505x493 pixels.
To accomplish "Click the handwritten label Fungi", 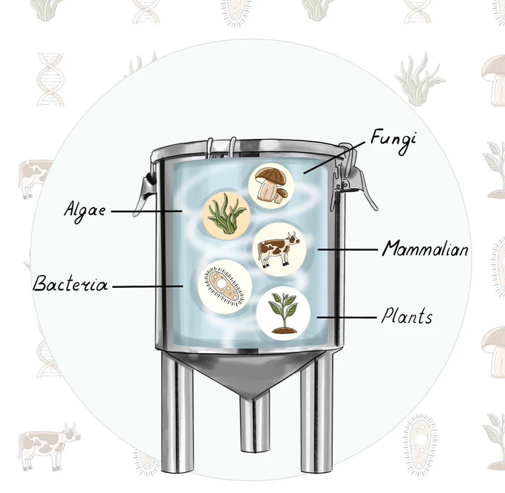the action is tap(393, 141).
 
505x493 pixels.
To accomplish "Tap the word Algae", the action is tap(85, 211).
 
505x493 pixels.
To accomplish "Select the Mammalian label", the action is tap(426, 248).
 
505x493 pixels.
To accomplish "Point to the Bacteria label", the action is tap(71, 283).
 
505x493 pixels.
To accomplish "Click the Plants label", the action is tap(407, 316).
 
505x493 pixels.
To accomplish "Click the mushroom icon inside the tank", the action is tap(271, 186).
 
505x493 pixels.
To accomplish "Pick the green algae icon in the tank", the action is tap(227, 213).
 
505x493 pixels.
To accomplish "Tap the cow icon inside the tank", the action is tap(279, 249).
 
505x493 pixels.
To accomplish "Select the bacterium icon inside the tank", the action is tap(225, 286).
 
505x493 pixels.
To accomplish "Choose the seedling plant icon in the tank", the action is tap(283, 313).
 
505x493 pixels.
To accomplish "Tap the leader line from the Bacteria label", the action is tap(148, 286).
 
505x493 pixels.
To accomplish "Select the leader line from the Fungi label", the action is tap(334, 158).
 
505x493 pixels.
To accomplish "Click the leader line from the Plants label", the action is tap(347, 318).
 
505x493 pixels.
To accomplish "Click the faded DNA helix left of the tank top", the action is tap(50, 80).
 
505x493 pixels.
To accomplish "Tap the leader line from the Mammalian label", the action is tap(348, 249).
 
